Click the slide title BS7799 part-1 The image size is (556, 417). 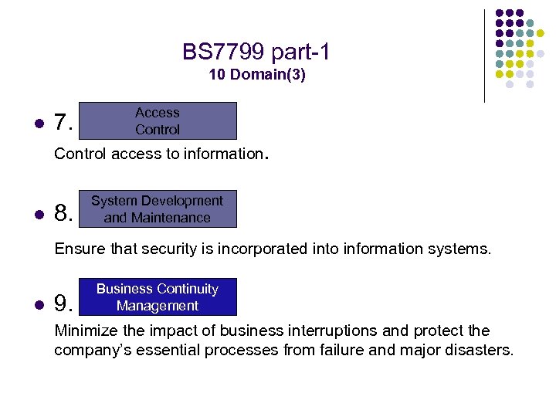256,53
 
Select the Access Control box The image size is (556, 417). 158,121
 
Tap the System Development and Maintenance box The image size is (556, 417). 158,209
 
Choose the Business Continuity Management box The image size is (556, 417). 158,297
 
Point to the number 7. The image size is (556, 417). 63,123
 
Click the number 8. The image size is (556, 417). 63,212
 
